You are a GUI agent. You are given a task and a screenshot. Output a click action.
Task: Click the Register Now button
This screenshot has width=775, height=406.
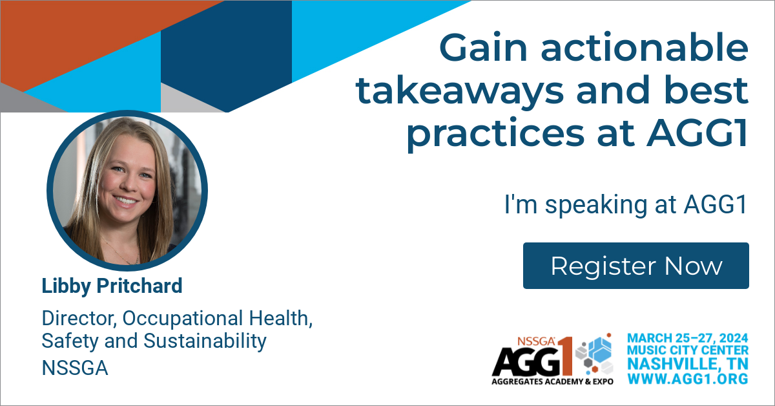tap(636, 266)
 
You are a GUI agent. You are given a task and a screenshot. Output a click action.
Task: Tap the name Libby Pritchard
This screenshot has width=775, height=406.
tap(112, 286)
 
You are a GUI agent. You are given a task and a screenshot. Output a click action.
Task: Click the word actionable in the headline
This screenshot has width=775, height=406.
tap(645, 47)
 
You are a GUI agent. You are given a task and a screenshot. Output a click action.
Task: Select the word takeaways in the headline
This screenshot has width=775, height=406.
tap(460, 91)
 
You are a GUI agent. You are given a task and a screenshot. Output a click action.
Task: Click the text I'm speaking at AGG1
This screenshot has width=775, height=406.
tap(626, 204)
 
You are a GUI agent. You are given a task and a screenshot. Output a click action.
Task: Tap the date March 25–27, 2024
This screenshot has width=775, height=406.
tap(688, 337)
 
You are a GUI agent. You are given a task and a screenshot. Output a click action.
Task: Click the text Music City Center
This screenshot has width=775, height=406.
tap(688, 350)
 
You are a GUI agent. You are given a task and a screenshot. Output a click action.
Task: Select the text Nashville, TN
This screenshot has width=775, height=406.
tap(688, 364)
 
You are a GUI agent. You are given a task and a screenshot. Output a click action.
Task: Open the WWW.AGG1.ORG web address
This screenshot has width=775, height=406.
tap(688, 378)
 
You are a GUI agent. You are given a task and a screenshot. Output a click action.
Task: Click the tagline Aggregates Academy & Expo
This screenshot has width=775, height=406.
tap(553, 381)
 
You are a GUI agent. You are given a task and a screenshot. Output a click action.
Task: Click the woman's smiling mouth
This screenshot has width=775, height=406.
tap(125, 200)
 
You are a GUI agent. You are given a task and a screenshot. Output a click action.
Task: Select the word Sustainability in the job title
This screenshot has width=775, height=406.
tap(205, 341)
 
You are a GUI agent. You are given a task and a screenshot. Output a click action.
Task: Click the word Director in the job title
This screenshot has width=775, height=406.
tap(79, 318)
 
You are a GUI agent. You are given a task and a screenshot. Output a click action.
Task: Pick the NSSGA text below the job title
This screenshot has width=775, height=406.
tap(75, 368)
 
